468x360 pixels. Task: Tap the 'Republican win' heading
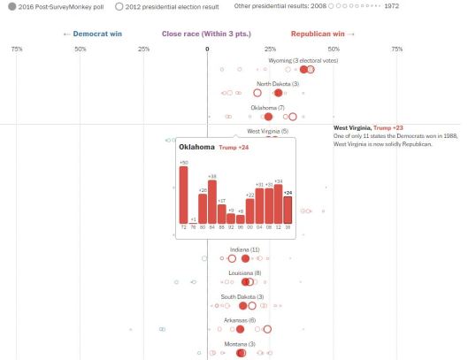click(323, 34)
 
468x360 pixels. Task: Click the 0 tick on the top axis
click(207, 48)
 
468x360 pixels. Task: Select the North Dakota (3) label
click(265, 83)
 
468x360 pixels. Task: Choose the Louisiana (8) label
click(245, 273)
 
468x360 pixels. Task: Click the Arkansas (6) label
click(240, 319)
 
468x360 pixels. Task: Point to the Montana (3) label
click(239, 343)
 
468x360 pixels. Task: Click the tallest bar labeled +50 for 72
click(184, 195)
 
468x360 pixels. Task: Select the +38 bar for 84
click(212, 202)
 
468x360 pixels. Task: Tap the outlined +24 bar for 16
click(288, 210)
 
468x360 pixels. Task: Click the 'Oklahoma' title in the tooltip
click(196, 147)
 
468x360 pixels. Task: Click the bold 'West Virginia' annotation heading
click(352, 128)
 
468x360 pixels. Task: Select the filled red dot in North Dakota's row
click(278, 93)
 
